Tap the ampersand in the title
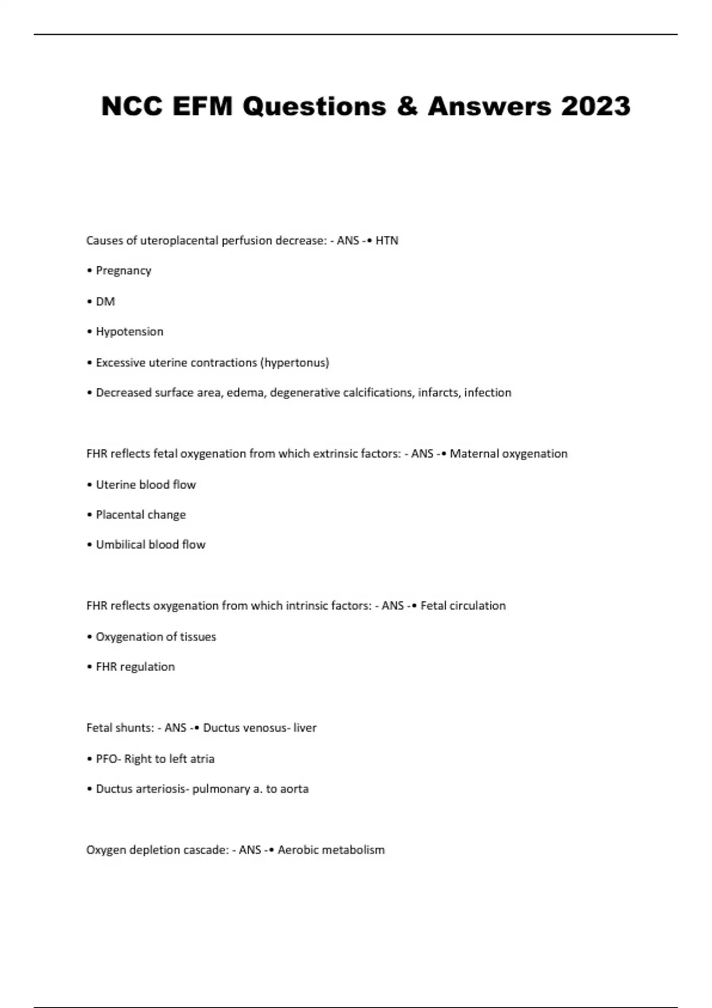point(406,107)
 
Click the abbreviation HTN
point(387,241)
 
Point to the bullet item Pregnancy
point(123,271)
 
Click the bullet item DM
point(105,302)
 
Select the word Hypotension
point(129,332)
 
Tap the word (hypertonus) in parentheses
point(294,363)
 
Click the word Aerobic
point(294,850)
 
